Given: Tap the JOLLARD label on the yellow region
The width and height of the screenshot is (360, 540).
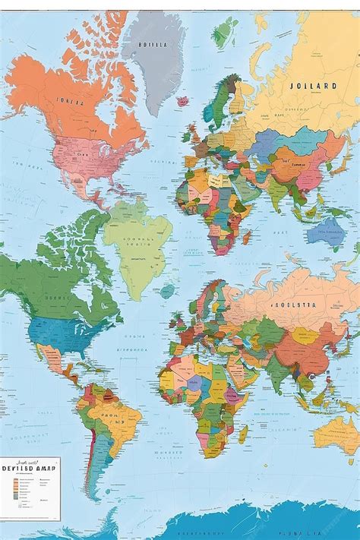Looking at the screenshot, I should click(313, 86).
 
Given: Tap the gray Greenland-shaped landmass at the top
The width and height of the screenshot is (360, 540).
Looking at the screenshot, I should click(156, 61).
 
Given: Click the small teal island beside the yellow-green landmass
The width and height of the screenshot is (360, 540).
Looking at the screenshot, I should click(167, 291).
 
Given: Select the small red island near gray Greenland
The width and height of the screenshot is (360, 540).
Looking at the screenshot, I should click(182, 100).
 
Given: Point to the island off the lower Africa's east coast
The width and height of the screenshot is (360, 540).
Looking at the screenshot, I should click(243, 434).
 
